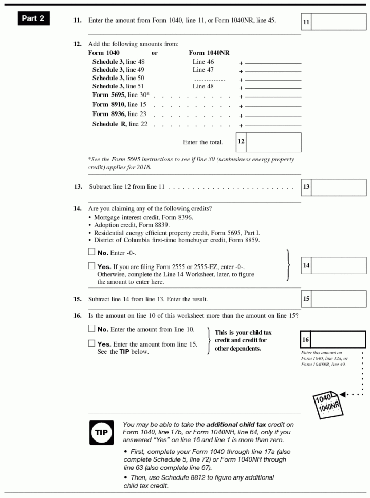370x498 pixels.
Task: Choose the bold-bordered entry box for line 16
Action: (x=339, y=339)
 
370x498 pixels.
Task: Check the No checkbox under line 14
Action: (x=91, y=252)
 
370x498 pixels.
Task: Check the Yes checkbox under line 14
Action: (x=91, y=266)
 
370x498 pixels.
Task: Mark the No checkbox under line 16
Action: (x=91, y=329)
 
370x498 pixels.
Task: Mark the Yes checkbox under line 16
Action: (x=91, y=343)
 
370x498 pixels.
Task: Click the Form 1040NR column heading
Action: (x=209, y=53)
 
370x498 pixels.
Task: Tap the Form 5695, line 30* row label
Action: (x=121, y=95)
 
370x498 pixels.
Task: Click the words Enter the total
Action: (x=203, y=142)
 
